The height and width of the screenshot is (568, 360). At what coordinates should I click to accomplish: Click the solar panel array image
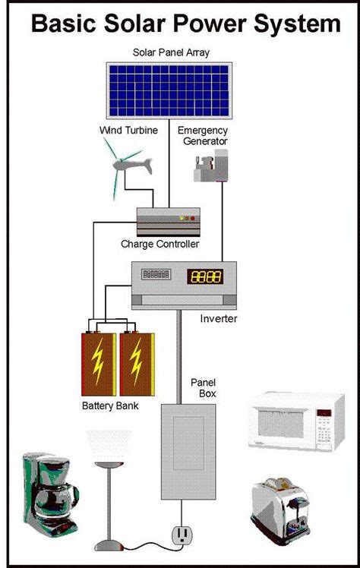[169, 90]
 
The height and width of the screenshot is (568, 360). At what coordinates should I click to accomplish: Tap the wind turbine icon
[128, 169]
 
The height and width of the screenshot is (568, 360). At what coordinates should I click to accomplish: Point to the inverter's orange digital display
[205, 276]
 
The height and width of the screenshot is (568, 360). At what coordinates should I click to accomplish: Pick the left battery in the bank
[99, 361]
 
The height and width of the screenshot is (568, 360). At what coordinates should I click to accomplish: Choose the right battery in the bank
[137, 361]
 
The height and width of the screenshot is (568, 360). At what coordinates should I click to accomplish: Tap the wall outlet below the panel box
[182, 535]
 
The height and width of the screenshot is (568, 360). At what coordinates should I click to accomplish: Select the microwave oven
[291, 421]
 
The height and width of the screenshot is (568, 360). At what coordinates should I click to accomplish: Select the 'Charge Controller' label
[159, 245]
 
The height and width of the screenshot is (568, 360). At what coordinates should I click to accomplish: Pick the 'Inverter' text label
[219, 319]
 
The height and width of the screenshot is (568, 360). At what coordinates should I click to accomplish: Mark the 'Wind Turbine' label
[128, 130]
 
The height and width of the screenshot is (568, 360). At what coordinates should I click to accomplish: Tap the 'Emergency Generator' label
[203, 135]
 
